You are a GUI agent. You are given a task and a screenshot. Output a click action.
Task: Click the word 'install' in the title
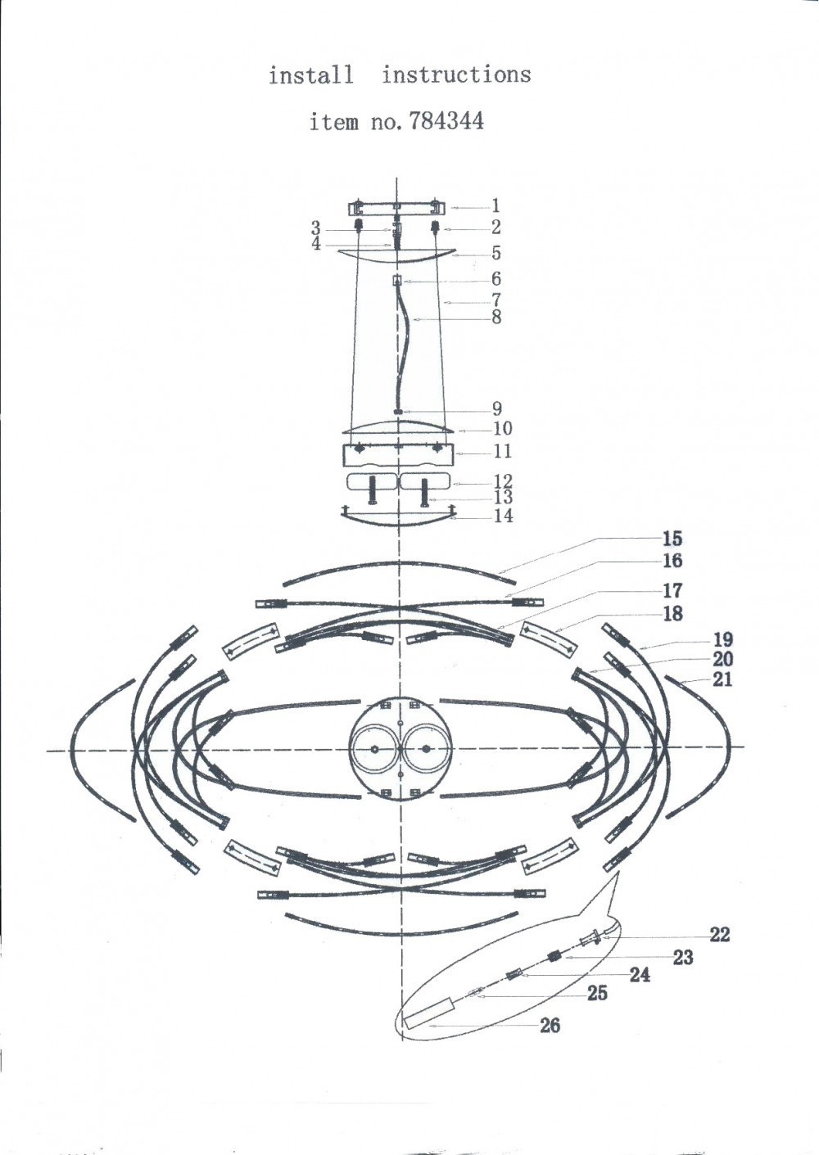point(311,75)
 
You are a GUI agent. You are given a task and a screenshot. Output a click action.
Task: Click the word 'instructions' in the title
point(456,74)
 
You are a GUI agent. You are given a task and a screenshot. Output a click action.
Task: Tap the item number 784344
point(446,122)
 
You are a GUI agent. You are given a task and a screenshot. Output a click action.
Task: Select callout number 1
point(495,207)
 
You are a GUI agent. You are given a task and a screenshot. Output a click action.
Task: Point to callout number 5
point(496,253)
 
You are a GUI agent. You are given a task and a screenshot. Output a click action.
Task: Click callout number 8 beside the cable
point(496,317)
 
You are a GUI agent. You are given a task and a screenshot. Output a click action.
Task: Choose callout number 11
point(502,451)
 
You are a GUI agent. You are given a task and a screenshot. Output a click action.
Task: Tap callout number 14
point(504,515)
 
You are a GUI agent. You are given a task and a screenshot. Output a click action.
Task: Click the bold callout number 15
point(672,539)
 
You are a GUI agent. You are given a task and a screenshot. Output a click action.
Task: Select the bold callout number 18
point(672,614)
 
